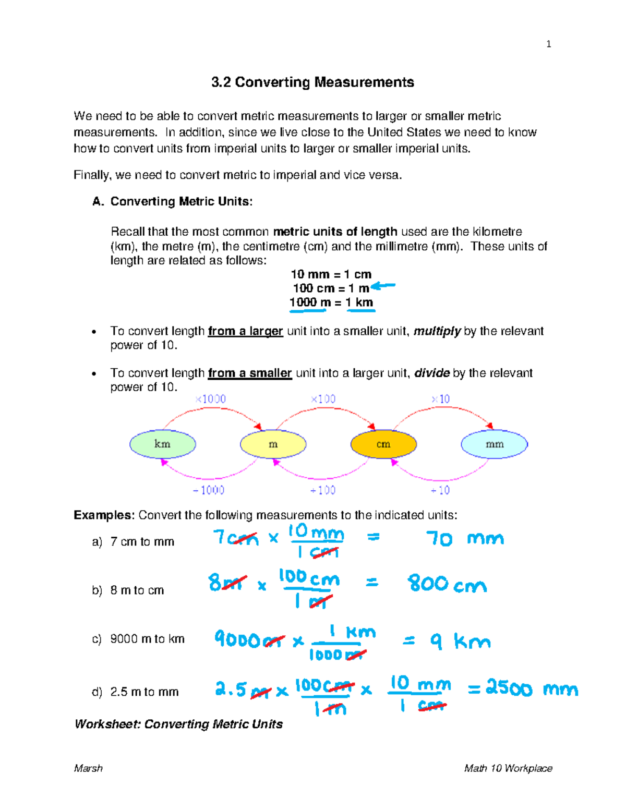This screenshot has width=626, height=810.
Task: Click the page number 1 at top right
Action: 548,44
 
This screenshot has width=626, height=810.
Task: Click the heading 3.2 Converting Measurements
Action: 312,82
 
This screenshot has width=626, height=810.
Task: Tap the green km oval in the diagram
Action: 163,444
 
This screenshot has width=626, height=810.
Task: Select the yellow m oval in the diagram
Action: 273,444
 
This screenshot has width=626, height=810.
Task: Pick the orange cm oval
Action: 383,444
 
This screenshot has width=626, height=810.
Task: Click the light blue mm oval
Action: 494,444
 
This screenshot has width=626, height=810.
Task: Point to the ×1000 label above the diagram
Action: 210,399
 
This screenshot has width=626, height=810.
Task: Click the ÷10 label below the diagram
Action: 440,490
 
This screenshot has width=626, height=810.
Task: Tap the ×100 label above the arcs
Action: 323,399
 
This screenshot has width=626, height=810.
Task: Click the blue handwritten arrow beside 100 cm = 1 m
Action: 383,286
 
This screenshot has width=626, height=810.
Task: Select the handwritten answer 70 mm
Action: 464,538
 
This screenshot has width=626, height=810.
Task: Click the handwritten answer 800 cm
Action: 447,584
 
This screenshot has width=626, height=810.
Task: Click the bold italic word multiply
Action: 437,331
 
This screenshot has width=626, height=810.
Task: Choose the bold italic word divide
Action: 431,373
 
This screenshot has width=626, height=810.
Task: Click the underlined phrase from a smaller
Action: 249,373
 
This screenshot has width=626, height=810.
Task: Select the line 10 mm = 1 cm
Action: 331,274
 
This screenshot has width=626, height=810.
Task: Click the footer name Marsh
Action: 88,768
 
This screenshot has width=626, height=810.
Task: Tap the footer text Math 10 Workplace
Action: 508,768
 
